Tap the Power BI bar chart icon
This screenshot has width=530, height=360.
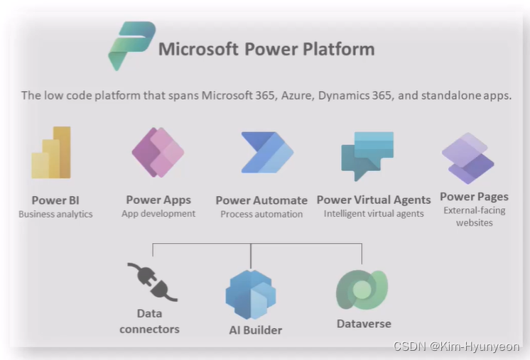51,153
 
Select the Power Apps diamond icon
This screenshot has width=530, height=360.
158,153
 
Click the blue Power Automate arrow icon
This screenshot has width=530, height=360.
266,153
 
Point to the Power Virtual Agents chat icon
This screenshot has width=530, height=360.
367,156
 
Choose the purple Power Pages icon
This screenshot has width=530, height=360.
467,158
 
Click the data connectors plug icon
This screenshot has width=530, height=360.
152,281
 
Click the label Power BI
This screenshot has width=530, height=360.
55,200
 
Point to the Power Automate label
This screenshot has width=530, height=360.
261,200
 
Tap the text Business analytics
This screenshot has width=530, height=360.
55,214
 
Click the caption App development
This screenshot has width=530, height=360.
158,213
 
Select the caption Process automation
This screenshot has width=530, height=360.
261,214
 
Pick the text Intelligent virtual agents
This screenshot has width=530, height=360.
374,213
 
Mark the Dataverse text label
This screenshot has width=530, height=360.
364,324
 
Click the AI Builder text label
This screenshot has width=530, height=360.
255,329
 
